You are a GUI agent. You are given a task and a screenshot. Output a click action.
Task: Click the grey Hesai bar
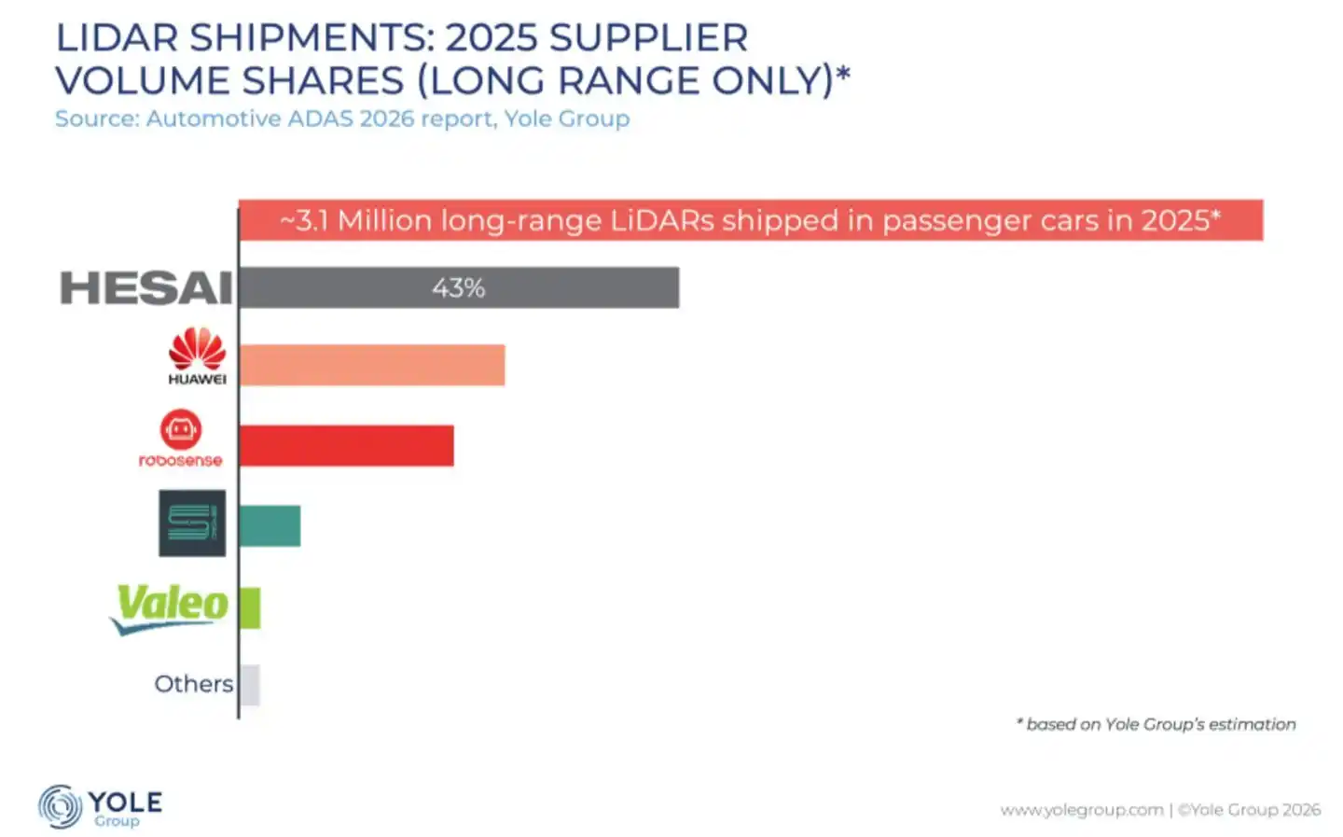coord(459,287)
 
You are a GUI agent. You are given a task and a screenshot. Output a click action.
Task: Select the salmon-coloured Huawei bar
coord(372,365)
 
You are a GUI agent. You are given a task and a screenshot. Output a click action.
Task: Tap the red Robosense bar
coord(347,445)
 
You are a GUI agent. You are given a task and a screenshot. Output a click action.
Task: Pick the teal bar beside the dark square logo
coord(270,525)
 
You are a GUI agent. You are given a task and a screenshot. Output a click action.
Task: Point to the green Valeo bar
coord(250,607)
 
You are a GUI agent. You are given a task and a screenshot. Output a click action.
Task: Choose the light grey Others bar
coord(249,685)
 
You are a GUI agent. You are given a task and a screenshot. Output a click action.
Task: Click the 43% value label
coord(459,288)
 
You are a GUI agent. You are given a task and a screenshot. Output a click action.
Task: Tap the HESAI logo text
coord(146,288)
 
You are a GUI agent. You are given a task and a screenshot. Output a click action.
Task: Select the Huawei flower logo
coord(198,349)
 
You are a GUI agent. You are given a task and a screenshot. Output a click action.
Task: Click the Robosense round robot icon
coord(181,429)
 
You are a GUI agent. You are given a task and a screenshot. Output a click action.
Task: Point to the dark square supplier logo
coord(192,523)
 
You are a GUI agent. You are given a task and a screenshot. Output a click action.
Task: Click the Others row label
coord(194,683)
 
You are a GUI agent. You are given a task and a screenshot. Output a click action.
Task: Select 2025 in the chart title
coord(492,37)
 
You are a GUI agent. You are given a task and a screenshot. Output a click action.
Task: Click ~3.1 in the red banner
coord(304,220)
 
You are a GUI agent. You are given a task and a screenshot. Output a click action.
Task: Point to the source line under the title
coord(342,119)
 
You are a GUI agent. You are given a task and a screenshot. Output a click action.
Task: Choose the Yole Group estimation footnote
coord(1156,724)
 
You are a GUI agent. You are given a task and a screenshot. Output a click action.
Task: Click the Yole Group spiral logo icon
coord(60,806)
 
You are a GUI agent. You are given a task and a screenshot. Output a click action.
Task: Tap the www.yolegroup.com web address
coord(1082,810)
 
